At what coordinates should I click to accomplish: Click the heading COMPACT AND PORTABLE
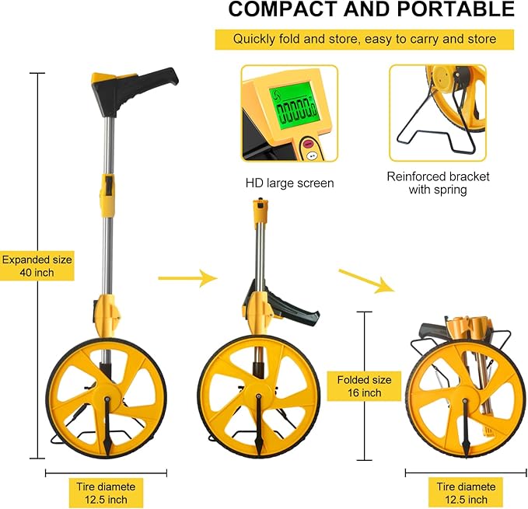click(x=371, y=10)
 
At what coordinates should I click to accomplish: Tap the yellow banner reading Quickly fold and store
click(x=365, y=39)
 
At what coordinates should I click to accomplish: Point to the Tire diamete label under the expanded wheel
click(x=106, y=493)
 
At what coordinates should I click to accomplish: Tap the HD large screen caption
click(x=289, y=183)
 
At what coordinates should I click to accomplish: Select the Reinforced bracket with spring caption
click(x=437, y=183)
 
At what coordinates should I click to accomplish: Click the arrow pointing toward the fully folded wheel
click(x=365, y=281)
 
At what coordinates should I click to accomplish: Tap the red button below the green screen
click(x=306, y=143)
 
